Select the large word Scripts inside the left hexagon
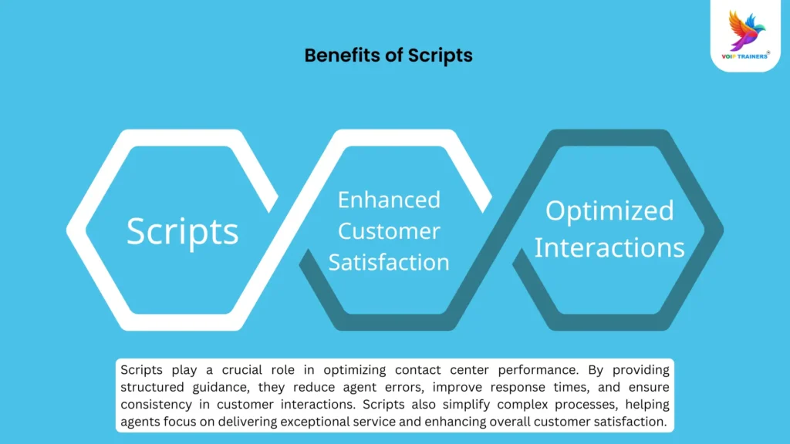(183, 231)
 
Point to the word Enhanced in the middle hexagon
(389, 200)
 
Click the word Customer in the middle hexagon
(389, 230)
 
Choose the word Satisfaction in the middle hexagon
(389, 262)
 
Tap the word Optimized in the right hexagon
(609, 211)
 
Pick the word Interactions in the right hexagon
(609, 248)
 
